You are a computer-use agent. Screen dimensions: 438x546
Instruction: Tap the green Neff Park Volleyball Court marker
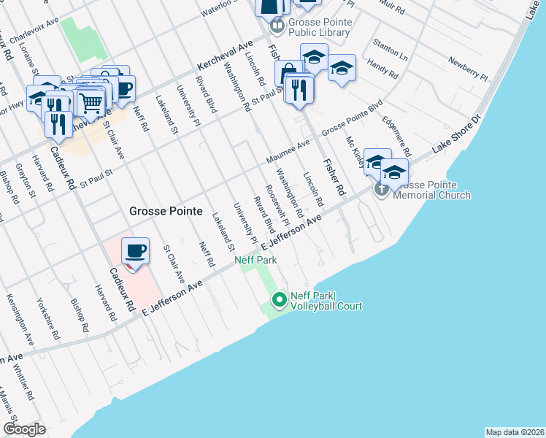[278, 299]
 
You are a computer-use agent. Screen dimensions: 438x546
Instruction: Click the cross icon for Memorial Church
[382, 189]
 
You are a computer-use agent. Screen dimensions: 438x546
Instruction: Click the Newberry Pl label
[467, 68]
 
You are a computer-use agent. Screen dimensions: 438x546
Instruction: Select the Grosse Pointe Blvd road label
[353, 117]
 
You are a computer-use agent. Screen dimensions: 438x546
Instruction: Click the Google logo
[24, 429]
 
